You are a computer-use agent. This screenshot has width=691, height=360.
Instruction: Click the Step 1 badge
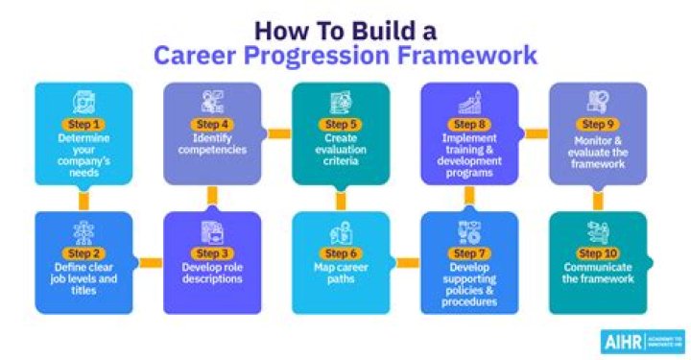83,124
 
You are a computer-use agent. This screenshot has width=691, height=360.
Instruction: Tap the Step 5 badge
341,124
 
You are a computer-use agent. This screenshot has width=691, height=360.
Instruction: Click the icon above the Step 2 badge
83,231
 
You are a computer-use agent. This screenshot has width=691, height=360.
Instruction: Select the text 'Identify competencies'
211,144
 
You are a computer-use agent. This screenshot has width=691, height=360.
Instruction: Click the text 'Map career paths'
341,273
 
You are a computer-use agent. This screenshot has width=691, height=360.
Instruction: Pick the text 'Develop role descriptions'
211,273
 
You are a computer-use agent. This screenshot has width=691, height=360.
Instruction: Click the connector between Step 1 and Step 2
83,200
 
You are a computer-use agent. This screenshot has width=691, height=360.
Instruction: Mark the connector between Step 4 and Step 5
277,133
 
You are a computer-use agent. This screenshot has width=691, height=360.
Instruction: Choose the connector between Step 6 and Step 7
406,262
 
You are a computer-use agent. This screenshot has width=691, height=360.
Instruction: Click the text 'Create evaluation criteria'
341,150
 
